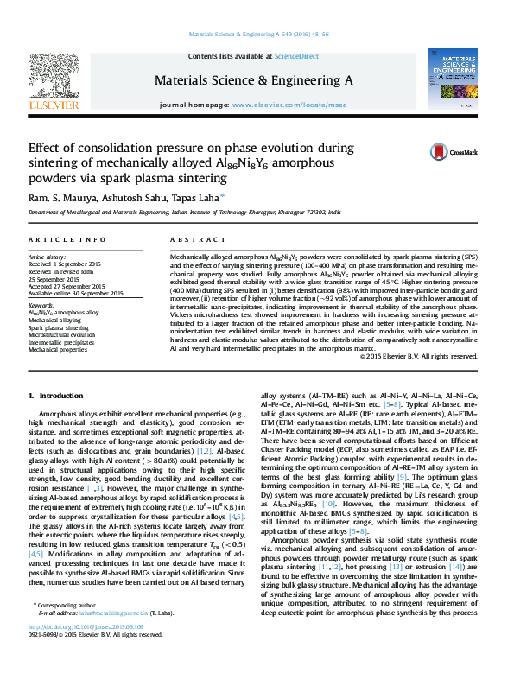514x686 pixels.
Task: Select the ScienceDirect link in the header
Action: tap(296, 56)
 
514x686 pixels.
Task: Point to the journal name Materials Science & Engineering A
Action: tap(253, 80)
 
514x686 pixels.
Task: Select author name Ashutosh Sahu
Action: tap(138, 198)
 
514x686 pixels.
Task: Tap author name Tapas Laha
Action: tap(197, 198)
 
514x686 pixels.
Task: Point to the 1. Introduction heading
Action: tap(56, 396)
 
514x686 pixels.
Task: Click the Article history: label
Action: tap(48, 257)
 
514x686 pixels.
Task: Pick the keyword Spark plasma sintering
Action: tap(58, 328)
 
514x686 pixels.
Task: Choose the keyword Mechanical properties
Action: tap(57, 351)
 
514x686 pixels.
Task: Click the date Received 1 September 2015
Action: tap(64, 264)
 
